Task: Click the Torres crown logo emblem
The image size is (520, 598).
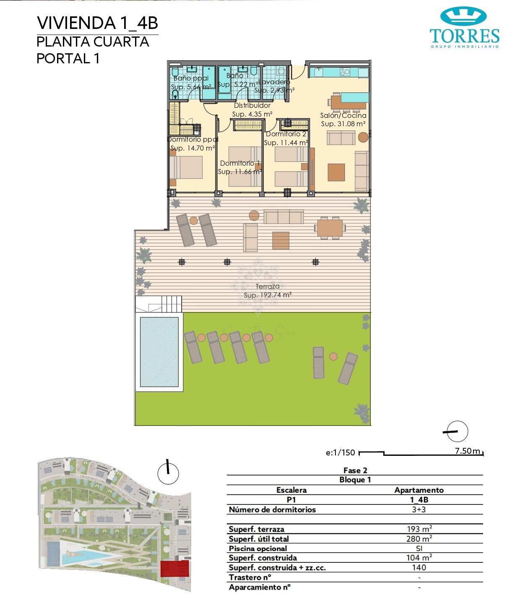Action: [463, 16]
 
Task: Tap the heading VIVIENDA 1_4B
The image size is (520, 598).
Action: [97, 23]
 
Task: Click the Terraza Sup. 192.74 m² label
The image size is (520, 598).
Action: [268, 291]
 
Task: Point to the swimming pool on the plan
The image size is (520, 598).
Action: [159, 352]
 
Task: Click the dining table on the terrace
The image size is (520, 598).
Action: [330, 228]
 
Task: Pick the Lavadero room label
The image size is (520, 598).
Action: [274, 82]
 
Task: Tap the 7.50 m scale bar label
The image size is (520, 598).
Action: [467, 451]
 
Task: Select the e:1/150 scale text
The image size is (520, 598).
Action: [340, 453]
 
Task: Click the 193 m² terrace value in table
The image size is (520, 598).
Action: [419, 529]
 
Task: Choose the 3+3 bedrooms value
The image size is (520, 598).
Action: [419, 510]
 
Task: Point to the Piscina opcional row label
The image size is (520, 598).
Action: [258, 549]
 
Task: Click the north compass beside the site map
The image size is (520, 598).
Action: [168, 473]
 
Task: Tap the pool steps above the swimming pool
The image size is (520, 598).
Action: [171, 303]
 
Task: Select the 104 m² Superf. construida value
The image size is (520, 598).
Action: [419, 558]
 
